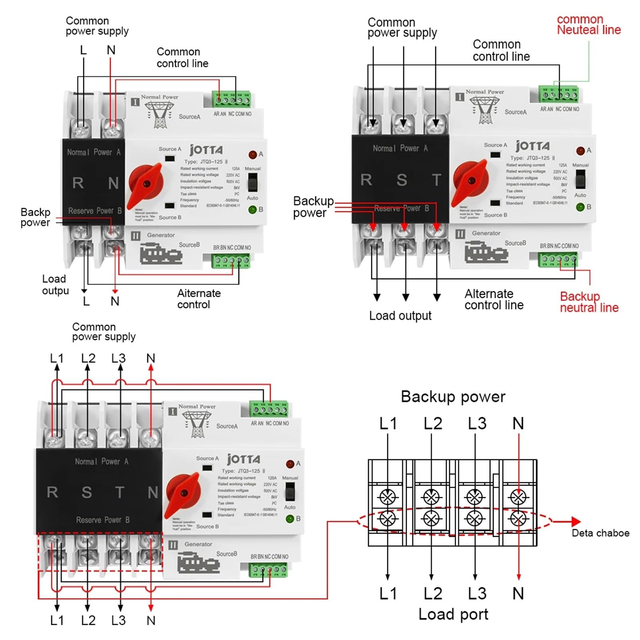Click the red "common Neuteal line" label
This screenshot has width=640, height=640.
point(588,25)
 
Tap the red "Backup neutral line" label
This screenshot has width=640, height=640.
point(588,302)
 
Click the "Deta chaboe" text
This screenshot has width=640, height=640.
point(600,533)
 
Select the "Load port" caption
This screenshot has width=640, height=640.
point(453,614)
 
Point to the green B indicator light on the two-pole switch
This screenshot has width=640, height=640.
point(252,209)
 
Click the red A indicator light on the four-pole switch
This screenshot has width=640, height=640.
point(290,464)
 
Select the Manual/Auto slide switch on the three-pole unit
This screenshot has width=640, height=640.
point(580,179)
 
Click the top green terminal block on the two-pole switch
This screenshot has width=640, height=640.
point(232,99)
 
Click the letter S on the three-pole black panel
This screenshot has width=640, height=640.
point(402,180)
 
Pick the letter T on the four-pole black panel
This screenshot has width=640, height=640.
point(119,492)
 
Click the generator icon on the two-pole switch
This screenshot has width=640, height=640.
point(161,254)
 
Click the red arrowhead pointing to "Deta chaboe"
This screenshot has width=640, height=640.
point(575,521)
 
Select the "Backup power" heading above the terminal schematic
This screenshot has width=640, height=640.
point(453,397)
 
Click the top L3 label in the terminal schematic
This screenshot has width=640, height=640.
point(477,423)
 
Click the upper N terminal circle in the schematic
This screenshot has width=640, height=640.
point(518,497)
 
